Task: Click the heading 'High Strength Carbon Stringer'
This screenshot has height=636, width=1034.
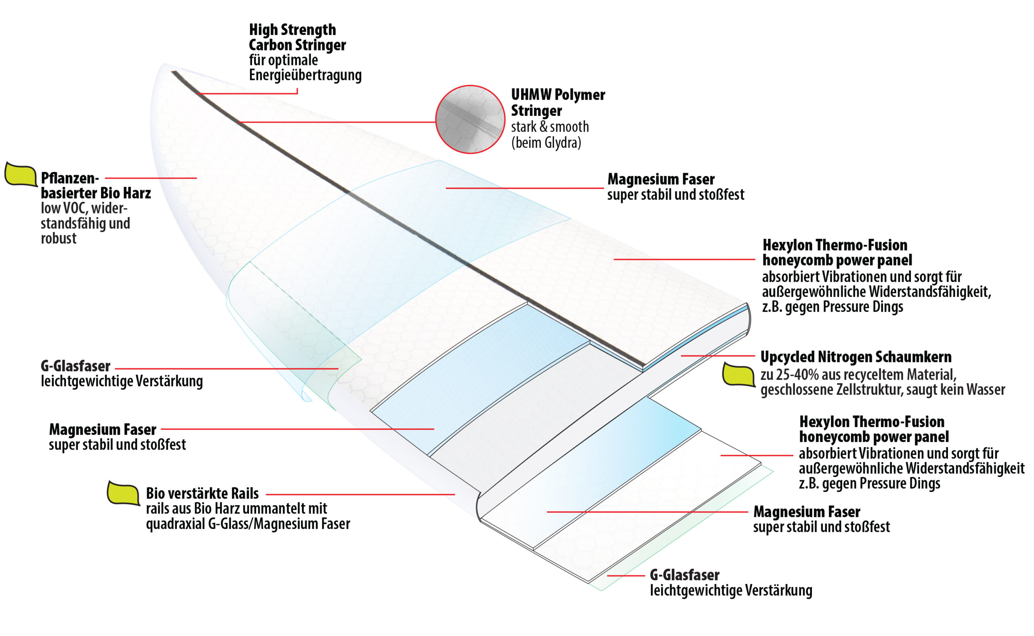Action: pyautogui.click(x=297, y=37)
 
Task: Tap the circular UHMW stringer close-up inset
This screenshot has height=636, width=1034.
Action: pyautogui.click(x=470, y=119)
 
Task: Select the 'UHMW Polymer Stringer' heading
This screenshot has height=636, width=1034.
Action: pyautogui.click(x=558, y=102)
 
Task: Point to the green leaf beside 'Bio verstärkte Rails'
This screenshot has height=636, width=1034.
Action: pyautogui.click(x=123, y=493)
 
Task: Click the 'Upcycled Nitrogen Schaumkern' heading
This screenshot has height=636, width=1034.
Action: pyautogui.click(x=856, y=357)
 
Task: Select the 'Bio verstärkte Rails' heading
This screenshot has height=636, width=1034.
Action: pyautogui.click(x=202, y=493)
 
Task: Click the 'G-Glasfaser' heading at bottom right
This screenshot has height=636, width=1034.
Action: pyautogui.click(x=685, y=575)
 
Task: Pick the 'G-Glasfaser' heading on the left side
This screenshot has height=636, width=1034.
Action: pyautogui.click(x=76, y=366)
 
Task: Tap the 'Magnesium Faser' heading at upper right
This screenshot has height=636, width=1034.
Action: pyautogui.click(x=661, y=179)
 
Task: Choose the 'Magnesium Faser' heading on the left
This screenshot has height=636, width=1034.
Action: pyautogui.click(x=103, y=429)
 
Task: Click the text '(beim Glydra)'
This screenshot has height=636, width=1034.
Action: pyautogui.click(x=546, y=142)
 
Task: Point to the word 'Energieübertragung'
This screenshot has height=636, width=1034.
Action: pyautogui.click(x=305, y=75)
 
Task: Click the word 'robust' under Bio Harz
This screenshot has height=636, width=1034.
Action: pyautogui.click(x=59, y=238)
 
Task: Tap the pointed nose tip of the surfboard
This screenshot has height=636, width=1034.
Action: pyautogui.click(x=163, y=64)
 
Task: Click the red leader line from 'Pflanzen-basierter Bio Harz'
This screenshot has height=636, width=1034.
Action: pyautogui.click(x=151, y=178)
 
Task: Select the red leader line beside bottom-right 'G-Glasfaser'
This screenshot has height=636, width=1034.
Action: pyautogui.click(x=626, y=575)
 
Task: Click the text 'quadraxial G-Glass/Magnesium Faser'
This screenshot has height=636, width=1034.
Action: pyautogui.click(x=248, y=524)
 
